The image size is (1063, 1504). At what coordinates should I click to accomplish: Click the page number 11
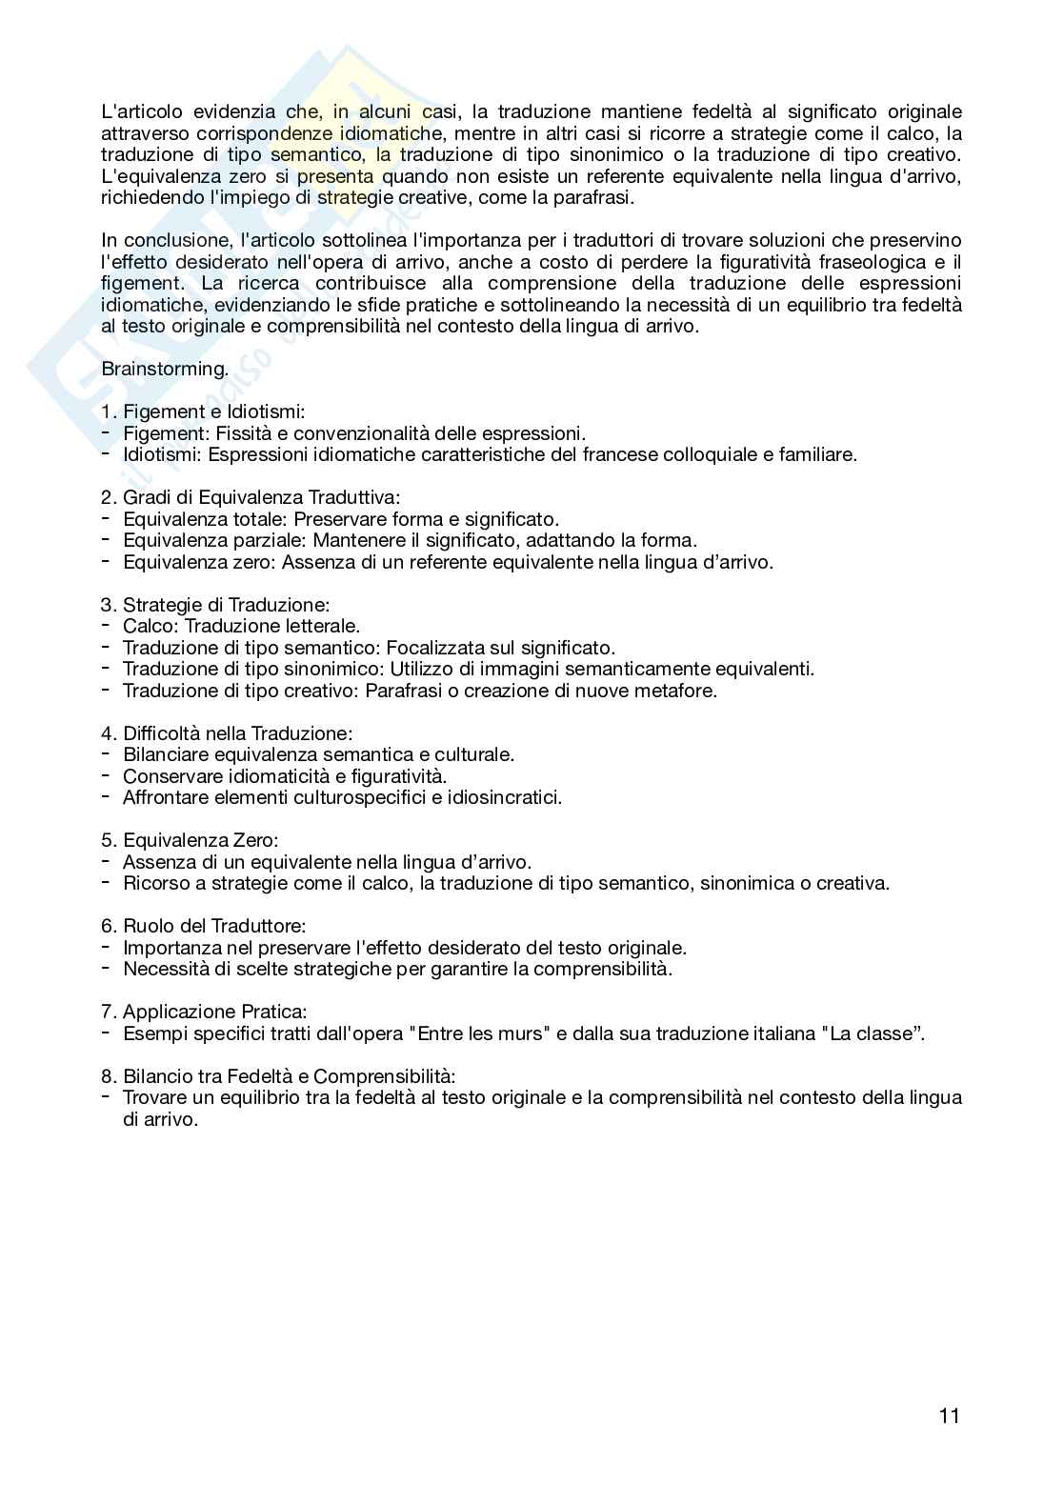pyautogui.click(x=949, y=1415)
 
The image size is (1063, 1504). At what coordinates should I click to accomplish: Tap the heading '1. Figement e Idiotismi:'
pyautogui.click(x=203, y=411)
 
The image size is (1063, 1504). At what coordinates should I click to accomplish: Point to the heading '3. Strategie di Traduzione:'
pyautogui.click(x=215, y=605)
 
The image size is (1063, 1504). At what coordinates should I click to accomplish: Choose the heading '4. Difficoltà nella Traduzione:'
pyautogui.click(x=227, y=733)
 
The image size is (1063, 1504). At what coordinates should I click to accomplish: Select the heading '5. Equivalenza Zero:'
pyautogui.click(x=190, y=840)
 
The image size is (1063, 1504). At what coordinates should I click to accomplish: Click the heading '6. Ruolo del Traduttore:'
pyautogui.click(x=203, y=926)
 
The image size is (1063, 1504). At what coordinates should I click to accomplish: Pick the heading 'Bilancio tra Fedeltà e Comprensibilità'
pyautogui.click(x=289, y=1076)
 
